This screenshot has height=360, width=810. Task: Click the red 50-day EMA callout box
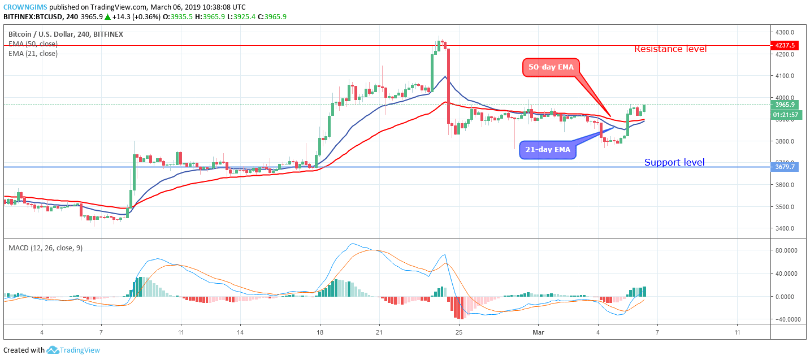[551, 67]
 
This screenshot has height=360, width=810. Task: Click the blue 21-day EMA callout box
[548, 150]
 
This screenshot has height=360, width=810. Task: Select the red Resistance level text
[670, 49]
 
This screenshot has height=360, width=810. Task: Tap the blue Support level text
[674, 163]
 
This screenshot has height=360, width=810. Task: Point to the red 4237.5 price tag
[785, 46]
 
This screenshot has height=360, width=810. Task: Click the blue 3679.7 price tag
[785, 167]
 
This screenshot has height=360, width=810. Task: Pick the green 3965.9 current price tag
[785, 105]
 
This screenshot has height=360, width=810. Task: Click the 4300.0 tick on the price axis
[786, 32]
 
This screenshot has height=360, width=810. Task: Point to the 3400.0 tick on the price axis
[786, 228]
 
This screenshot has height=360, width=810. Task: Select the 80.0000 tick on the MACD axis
[787, 250]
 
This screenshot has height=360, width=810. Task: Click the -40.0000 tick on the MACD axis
[786, 319]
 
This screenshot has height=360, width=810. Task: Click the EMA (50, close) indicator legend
[33, 44]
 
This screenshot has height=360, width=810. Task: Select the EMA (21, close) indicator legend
[33, 54]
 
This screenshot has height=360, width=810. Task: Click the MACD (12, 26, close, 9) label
[45, 248]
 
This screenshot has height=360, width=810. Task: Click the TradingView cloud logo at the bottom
[53, 350]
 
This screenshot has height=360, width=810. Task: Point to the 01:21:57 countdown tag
[785, 115]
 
